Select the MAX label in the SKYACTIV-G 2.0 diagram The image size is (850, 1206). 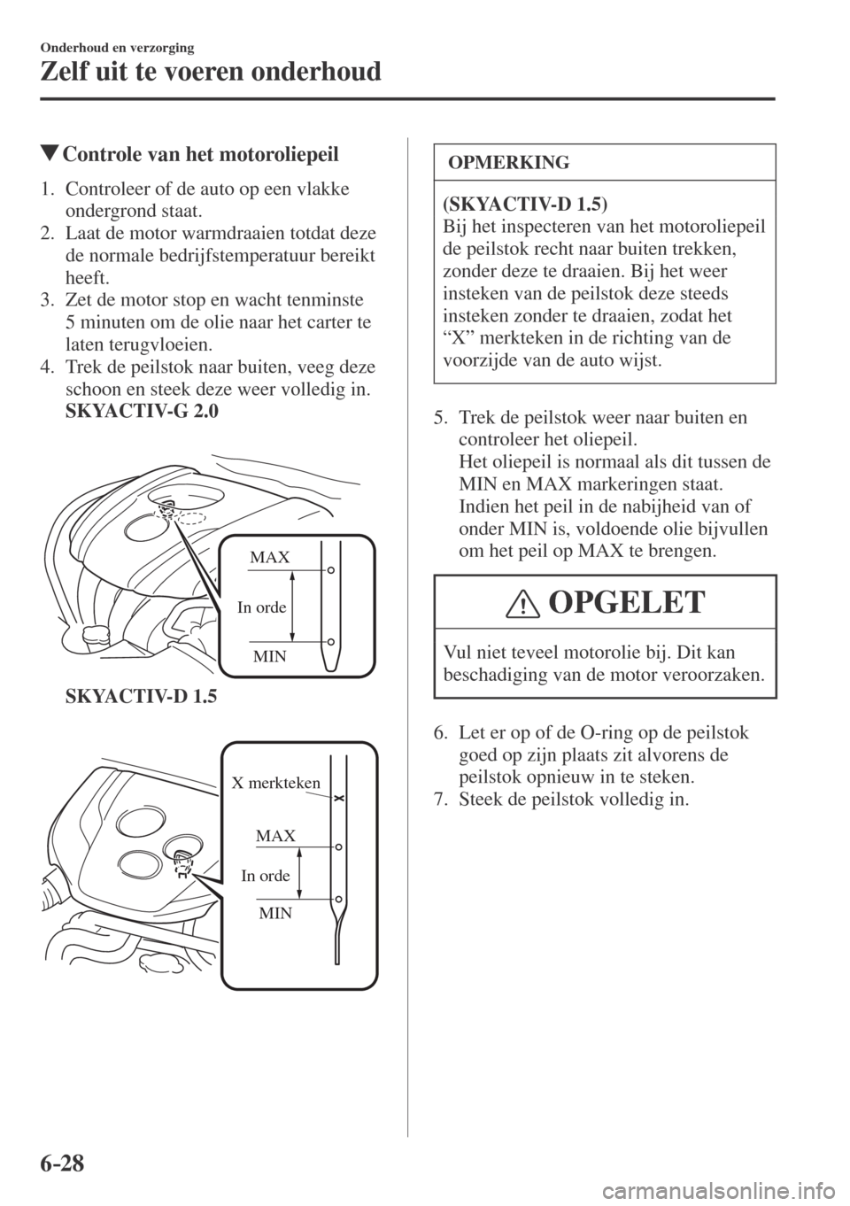[269, 558]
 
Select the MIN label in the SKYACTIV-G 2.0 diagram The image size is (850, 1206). [270, 656]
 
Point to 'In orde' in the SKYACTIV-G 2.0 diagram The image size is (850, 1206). [261, 607]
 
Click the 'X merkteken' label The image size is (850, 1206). [275, 783]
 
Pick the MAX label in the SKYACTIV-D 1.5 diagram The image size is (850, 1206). [275, 836]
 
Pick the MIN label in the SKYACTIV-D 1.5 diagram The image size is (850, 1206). [275, 912]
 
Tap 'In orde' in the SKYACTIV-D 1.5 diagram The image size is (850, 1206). [266, 875]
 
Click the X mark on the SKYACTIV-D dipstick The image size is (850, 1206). [338, 799]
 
